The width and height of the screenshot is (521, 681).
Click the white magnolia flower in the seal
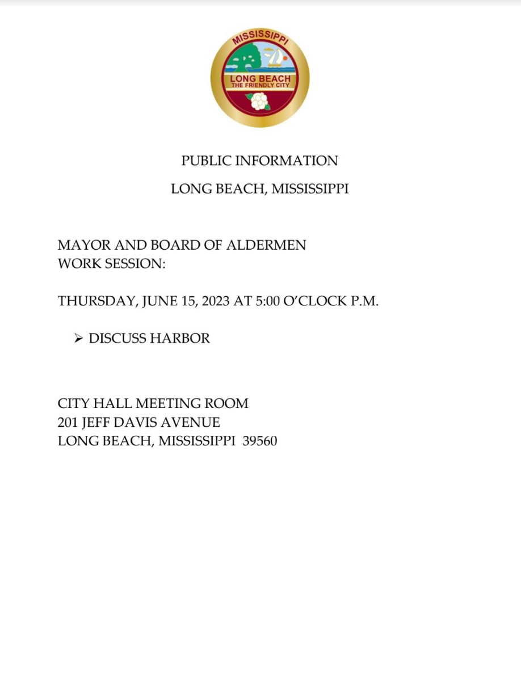259,102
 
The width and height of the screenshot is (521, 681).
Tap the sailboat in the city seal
275,57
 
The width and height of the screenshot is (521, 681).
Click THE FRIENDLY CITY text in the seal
260,85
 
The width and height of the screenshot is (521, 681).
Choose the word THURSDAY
97,301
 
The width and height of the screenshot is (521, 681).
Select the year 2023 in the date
214,301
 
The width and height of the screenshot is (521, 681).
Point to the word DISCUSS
117,339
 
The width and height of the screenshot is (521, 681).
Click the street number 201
68,422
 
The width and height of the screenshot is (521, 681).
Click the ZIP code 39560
259,441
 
